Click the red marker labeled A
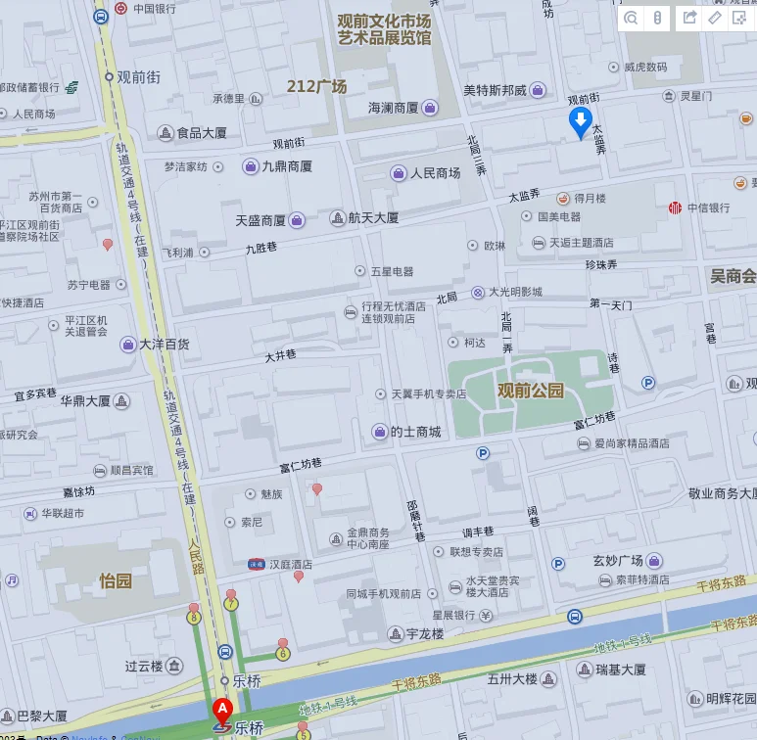point(222,708)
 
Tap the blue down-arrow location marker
point(580,122)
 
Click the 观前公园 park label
point(531,391)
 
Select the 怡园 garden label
point(115,580)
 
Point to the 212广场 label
point(316,86)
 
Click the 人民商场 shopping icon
point(399,173)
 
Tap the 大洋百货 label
point(164,345)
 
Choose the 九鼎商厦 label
point(287,166)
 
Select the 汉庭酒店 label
point(293,565)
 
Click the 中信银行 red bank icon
point(675,208)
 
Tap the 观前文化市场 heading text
point(384,21)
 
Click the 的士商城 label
point(415,432)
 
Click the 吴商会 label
point(733,276)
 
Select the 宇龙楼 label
point(424,634)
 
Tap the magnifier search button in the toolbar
point(631,17)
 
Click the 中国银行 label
point(155,9)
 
